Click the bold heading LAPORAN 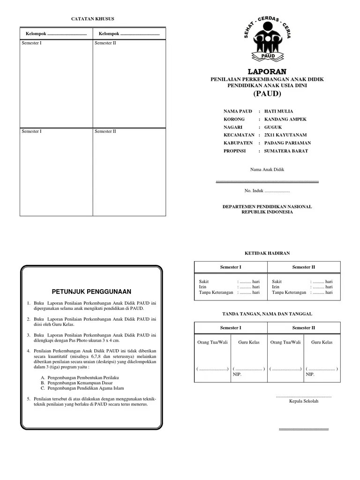[267, 71]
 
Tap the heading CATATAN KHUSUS [92, 19]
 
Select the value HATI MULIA [278, 112]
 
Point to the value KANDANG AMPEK [283, 120]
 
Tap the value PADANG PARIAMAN [287, 143]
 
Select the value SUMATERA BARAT [286, 151]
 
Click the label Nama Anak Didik [267, 170]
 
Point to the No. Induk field [267, 191]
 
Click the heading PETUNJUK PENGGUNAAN [91, 292]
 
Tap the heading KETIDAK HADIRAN [267, 253]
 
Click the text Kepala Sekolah [304, 401]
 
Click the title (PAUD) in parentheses [267, 94]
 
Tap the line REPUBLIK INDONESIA [267, 212]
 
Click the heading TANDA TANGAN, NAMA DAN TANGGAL [267, 314]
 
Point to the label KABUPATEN [238, 143]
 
